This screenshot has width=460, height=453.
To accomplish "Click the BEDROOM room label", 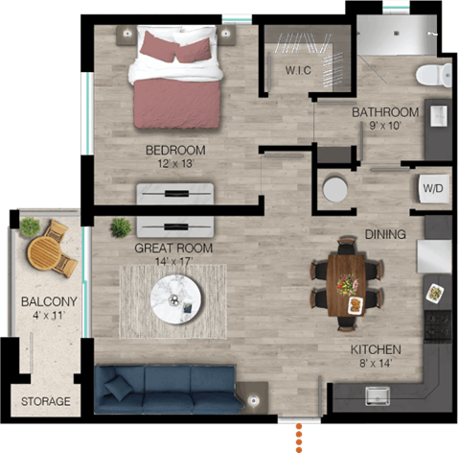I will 175,150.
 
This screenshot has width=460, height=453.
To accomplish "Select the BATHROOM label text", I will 384,112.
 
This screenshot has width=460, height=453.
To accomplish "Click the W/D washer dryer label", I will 432,188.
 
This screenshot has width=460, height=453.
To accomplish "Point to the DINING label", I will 385,234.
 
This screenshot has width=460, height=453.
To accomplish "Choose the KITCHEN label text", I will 374,349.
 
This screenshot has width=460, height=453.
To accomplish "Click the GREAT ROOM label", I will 173,248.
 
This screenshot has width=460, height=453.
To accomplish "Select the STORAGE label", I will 45,401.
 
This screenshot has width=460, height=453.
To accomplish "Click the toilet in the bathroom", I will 433,74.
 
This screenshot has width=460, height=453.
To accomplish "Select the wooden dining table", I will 346,281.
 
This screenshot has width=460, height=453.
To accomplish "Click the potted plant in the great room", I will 121,227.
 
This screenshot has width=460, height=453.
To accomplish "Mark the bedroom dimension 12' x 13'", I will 174,164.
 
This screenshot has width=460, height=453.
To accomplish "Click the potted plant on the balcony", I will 30,226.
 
